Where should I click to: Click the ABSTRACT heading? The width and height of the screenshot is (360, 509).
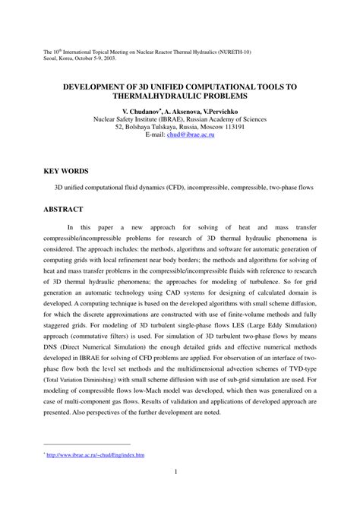64,208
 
